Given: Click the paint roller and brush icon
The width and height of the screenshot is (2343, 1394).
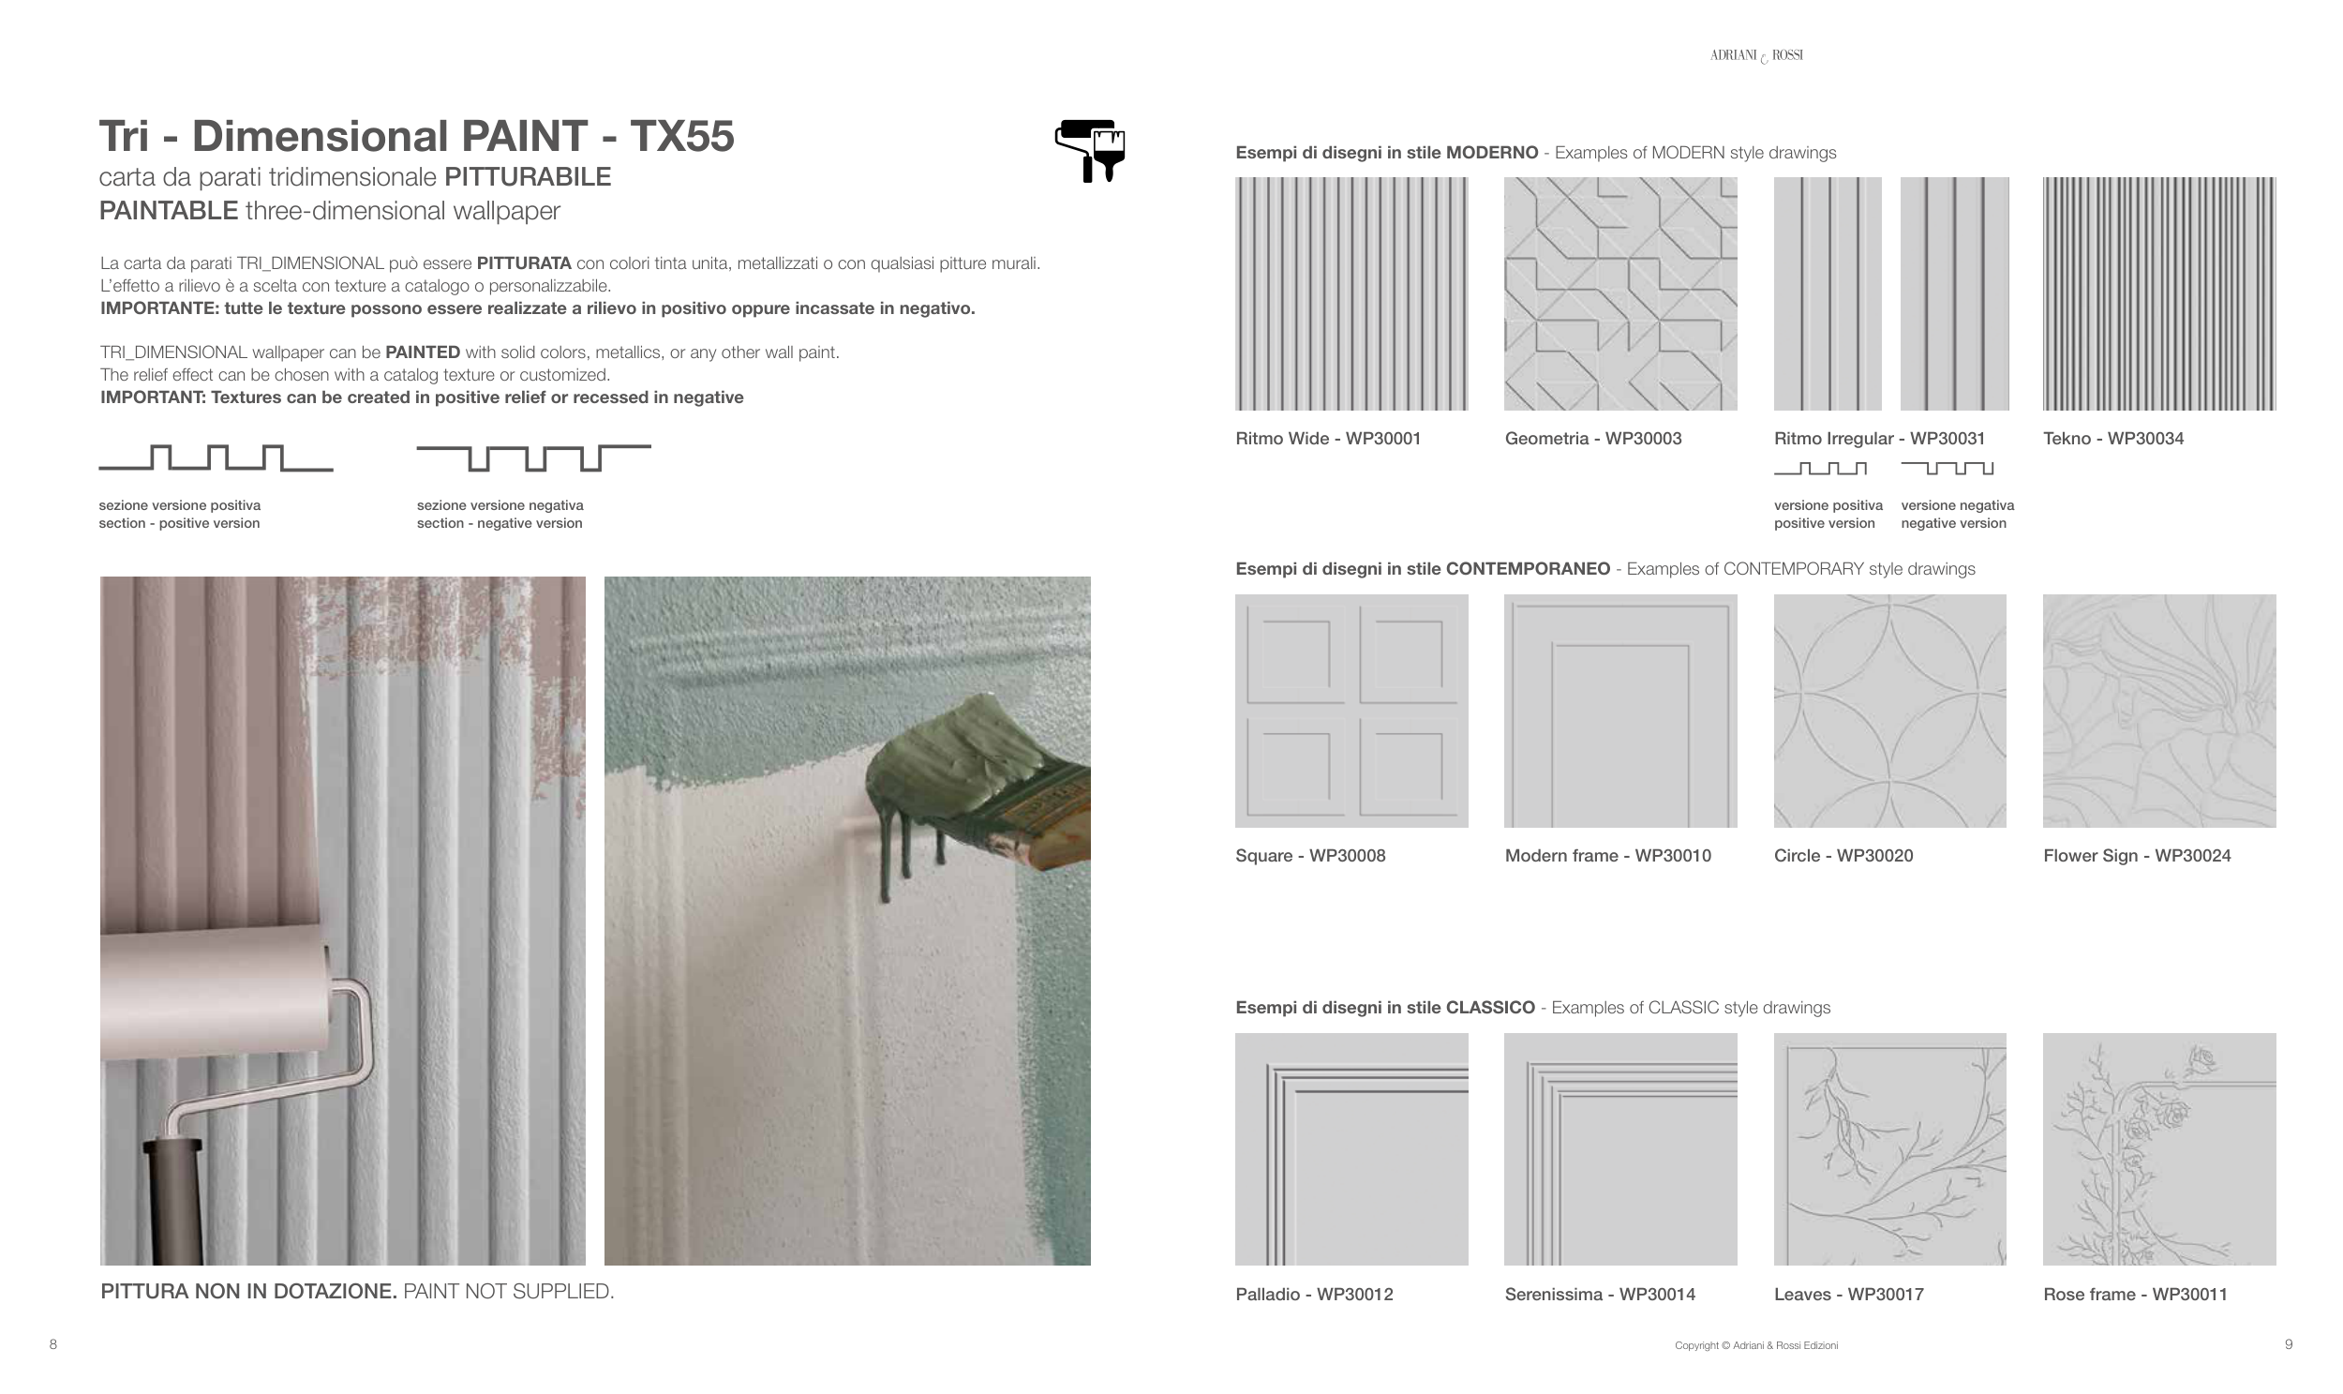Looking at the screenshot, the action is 1089,150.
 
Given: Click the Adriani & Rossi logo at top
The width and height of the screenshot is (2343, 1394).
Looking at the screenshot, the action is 1756,56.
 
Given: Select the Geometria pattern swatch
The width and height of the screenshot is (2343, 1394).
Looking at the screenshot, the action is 1619,293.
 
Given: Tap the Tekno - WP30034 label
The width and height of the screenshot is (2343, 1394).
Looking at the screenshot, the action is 2113,439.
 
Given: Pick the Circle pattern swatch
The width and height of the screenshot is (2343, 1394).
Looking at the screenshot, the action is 1889,711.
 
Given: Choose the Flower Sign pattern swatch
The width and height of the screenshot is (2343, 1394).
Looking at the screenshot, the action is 2159,711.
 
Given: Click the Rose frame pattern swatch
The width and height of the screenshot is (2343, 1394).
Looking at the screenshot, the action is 2159,1148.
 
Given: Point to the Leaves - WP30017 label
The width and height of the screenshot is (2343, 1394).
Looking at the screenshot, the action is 1848,1295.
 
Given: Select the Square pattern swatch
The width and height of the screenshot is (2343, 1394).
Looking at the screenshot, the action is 1351,711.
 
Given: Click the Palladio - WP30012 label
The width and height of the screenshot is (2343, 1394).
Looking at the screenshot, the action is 1314,1295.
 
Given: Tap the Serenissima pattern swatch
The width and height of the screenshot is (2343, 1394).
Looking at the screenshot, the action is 1619,1148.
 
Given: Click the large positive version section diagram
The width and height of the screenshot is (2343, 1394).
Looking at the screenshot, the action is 216,458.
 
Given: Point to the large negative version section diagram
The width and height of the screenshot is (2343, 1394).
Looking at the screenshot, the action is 533,458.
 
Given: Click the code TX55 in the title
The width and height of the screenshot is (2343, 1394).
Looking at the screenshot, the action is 681,136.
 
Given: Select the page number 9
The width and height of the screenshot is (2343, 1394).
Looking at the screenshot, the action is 2289,1344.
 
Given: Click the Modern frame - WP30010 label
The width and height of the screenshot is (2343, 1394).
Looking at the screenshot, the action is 1607,856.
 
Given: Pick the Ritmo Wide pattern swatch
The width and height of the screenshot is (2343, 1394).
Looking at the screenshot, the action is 1351,293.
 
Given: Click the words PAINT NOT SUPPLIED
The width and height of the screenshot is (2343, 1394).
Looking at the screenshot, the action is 508,1292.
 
